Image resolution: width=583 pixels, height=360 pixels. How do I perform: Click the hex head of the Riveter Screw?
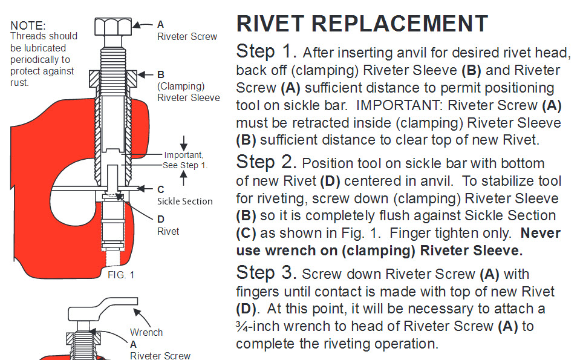(x=112, y=27)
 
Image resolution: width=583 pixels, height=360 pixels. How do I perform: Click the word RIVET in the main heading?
(x=272, y=24)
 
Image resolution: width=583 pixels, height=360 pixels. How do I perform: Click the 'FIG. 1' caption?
(x=120, y=274)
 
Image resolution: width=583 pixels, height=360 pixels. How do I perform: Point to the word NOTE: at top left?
(x=28, y=25)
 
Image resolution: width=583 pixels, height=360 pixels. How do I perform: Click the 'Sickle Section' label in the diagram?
(x=185, y=201)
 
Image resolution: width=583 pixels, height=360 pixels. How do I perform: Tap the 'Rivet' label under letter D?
(x=168, y=231)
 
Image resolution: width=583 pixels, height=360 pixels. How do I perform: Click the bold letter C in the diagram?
(x=160, y=189)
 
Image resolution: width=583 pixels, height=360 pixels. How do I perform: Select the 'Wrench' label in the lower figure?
(x=146, y=332)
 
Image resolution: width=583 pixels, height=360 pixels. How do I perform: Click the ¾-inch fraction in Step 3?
(x=242, y=327)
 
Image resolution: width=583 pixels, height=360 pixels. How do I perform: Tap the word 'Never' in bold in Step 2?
(x=540, y=233)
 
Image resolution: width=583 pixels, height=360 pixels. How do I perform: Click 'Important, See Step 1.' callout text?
(x=185, y=160)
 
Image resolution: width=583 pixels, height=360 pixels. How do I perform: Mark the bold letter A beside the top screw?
(x=160, y=25)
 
